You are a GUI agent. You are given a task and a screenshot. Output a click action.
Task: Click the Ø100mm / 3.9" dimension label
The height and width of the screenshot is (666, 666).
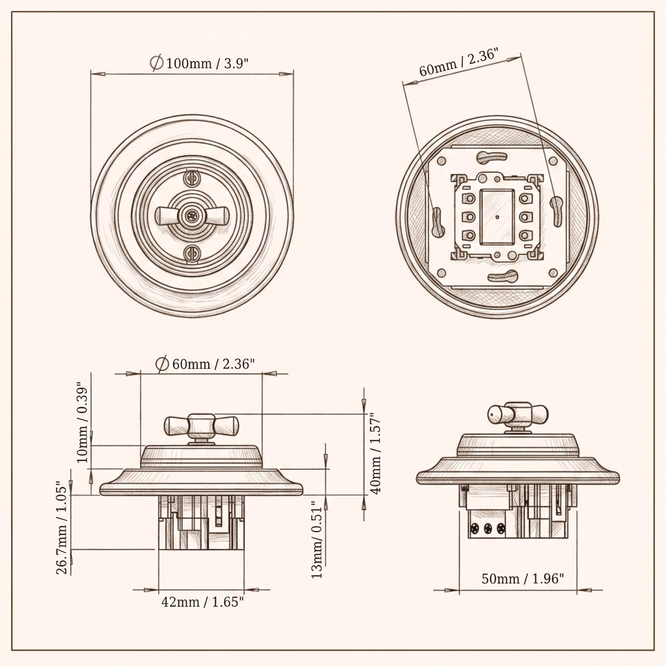tap(199, 63)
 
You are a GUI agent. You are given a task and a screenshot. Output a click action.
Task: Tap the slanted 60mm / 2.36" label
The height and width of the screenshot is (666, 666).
tap(459, 62)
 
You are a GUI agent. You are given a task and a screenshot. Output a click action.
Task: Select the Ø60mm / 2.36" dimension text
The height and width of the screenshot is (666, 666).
tap(205, 364)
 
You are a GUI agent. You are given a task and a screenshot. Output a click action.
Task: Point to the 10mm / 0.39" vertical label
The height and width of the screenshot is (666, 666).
tap(83, 424)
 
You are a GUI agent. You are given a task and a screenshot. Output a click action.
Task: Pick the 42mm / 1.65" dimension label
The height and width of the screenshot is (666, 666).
tap(203, 602)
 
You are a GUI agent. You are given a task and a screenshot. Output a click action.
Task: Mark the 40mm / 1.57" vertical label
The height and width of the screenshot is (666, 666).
tap(375, 453)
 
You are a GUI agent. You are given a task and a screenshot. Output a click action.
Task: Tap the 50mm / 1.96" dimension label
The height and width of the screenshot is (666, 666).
tap(523, 578)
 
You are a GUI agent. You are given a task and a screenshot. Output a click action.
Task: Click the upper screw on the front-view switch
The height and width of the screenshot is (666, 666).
tap(192, 177)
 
